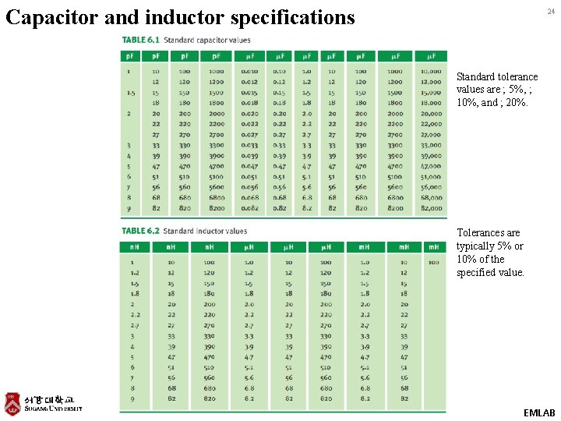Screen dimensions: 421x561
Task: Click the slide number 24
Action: pyautogui.click(x=550, y=12)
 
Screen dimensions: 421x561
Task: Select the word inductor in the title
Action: pyautogui.click(x=179, y=17)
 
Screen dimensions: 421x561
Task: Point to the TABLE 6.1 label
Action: pyautogui.click(x=140, y=40)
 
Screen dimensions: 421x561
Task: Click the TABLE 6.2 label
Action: pyautogui.click(x=140, y=231)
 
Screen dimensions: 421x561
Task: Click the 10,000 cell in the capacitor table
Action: pyautogui.click(x=430, y=71)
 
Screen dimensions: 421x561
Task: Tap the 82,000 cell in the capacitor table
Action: pyautogui.click(x=430, y=208)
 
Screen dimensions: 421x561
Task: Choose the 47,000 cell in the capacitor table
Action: pyautogui.click(x=430, y=166)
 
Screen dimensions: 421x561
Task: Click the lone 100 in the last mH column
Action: pyautogui.click(x=433, y=262)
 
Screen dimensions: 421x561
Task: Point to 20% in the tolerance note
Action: pyautogui.click(x=515, y=103)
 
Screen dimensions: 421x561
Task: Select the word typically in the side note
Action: pyautogui.click(x=477, y=246)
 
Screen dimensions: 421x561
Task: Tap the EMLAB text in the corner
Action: pyautogui.click(x=539, y=412)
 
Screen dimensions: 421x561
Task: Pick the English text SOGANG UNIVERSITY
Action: pyautogui.click(x=52, y=409)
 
